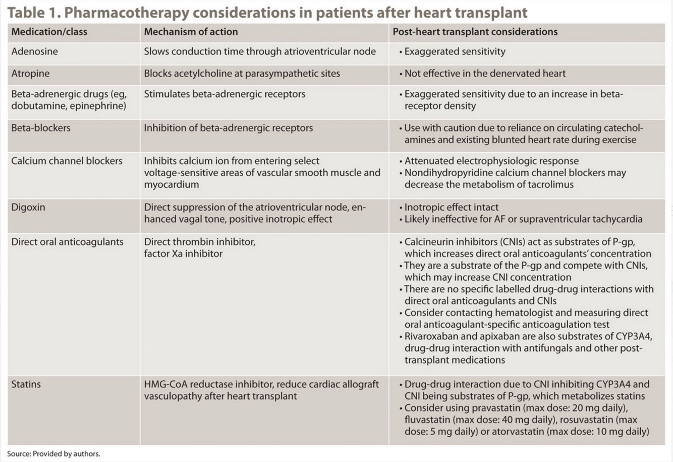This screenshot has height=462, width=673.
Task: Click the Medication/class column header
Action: (x=49, y=32)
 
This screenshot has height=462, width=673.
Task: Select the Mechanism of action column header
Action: (x=191, y=32)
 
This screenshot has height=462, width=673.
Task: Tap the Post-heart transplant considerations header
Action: (x=475, y=32)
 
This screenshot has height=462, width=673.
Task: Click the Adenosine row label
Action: (x=34, y=52)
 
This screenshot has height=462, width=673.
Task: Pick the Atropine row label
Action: (x=30, y=74)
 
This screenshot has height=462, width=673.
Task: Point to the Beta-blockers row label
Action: (x=41, y=128)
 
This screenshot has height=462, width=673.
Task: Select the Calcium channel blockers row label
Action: (x=67, y=161)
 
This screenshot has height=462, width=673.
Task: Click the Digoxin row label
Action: (x=28, y=208)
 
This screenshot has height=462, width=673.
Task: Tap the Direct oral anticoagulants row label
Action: (x=67, y=242)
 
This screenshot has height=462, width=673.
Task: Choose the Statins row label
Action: (x=26, y=384)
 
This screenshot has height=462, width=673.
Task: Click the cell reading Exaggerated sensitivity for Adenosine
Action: (x=454, y=52)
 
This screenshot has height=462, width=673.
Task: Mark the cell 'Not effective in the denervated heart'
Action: (x=484, y=74)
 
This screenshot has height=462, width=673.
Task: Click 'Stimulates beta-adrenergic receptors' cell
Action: (x=225, y=94)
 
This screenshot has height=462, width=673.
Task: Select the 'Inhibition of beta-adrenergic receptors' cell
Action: (x=228, y=128)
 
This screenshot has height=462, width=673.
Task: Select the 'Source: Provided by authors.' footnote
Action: (x=53, y=454)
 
